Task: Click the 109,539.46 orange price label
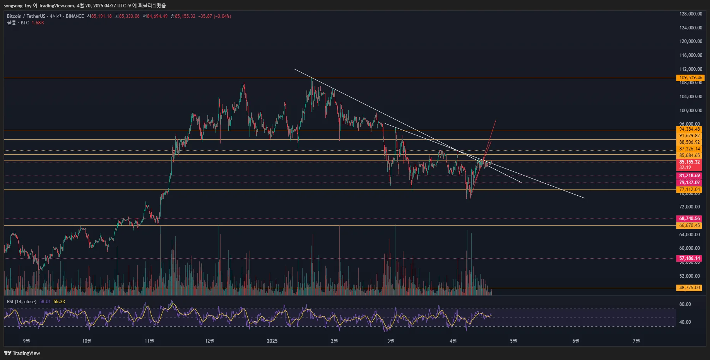(x=691, y=78)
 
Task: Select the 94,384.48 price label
(x=689, y=129)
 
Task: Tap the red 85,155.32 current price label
(x=689, y=162)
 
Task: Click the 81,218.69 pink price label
(x=689, y=176)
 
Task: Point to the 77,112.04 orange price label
(x=689, y=189)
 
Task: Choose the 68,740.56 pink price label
(x=689, y=218)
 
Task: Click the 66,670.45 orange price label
(x=689, y=225)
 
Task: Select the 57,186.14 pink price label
(x=689, y=258)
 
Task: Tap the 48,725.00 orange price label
(x=689, y=288)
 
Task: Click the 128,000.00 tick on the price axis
(x=691, y=14)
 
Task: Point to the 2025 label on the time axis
(x=272, y=341)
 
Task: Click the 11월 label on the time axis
(x=149, y=341)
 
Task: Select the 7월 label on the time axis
(x=636, y=341)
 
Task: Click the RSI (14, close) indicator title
(x=22, y=302)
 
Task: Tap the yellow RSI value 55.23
(x=59, y=302)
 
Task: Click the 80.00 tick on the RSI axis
(x=685, y=304)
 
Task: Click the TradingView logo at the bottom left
(x=22, y=353)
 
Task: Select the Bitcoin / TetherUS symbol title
(x=26, y=16)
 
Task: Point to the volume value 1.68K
(x=38, y=23)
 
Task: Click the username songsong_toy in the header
(x=17, y=6)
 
